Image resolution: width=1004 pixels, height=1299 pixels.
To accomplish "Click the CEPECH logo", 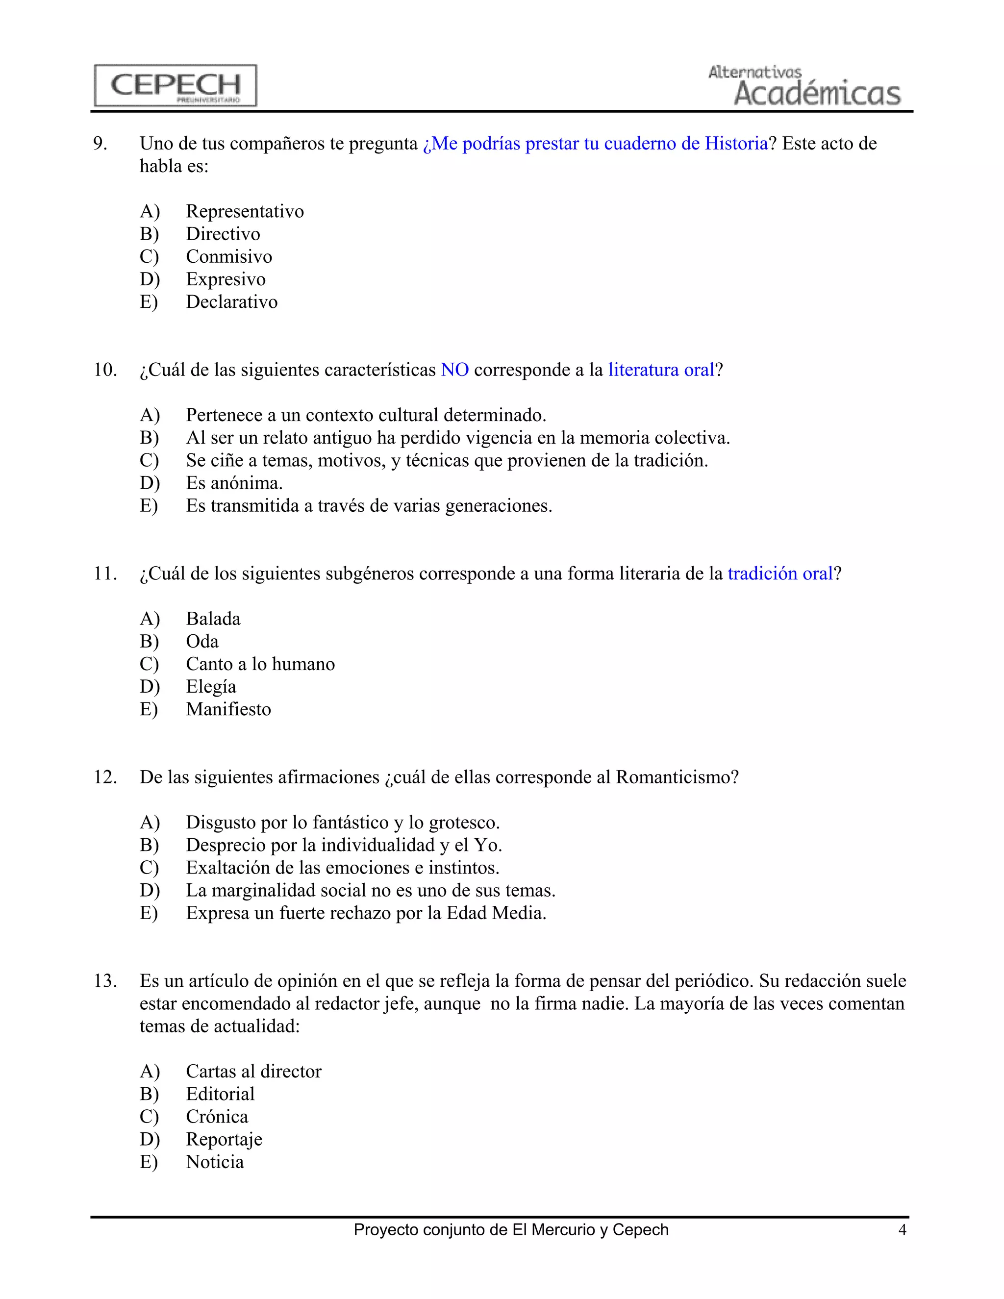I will pos(176,85).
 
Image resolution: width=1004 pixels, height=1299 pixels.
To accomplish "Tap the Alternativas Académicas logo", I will pos(804,86).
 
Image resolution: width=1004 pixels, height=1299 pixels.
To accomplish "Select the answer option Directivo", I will pos(223,234).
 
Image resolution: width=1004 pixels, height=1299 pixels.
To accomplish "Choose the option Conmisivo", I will pos(229,256).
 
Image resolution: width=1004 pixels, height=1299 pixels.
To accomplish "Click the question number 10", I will pos(105,370).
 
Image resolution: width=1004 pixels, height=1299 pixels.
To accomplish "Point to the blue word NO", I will pos(454,370).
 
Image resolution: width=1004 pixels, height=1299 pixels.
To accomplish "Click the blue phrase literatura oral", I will pos(660,370).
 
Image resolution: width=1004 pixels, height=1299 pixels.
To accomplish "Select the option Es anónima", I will pos(234,483).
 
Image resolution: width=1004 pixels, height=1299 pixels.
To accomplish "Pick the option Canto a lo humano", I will pos(260,664).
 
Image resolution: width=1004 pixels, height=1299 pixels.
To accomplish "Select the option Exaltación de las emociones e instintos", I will pos(342,868).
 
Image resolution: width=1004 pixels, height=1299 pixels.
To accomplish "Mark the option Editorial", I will pos(220,1094).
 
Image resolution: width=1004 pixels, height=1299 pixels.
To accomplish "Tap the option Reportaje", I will pos(224,1139).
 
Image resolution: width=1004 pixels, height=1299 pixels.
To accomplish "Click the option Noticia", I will pos(215,1162).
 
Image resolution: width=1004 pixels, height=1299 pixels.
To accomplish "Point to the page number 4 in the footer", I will pos(902,1229).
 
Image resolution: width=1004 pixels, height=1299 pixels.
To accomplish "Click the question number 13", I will pos(105,981).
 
